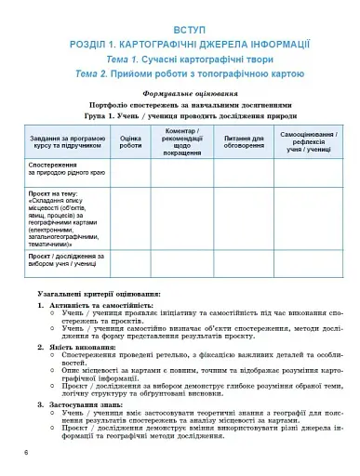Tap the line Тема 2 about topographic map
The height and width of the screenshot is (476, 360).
click(180, 73)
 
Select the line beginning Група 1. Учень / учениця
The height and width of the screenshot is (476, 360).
click(180, 117)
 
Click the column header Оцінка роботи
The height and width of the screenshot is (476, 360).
click(131, 142)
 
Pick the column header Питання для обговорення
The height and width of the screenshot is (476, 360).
click(243, 142)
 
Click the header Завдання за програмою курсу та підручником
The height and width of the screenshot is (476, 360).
click(67, 142)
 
